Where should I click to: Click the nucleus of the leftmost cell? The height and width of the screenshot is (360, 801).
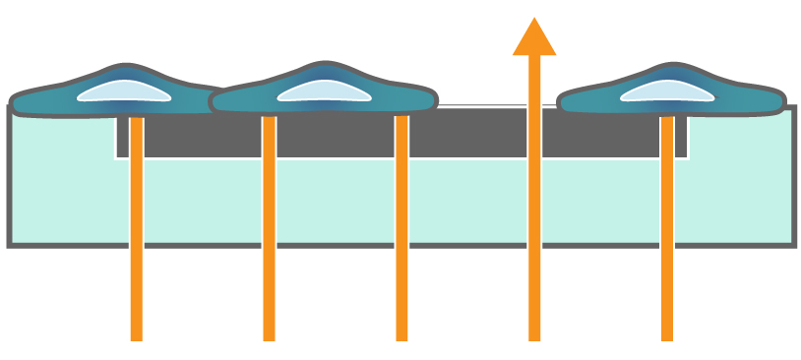pos(123,90)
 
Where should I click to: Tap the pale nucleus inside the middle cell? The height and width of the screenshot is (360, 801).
pos(324,90)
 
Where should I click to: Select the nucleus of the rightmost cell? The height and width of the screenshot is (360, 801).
pos(666,90)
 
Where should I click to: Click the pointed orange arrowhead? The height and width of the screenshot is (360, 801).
pos(534,37)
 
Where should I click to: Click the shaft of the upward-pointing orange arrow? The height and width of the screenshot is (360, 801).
pos(534,197)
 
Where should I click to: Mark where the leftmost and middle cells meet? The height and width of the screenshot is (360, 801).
pos(215,99)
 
